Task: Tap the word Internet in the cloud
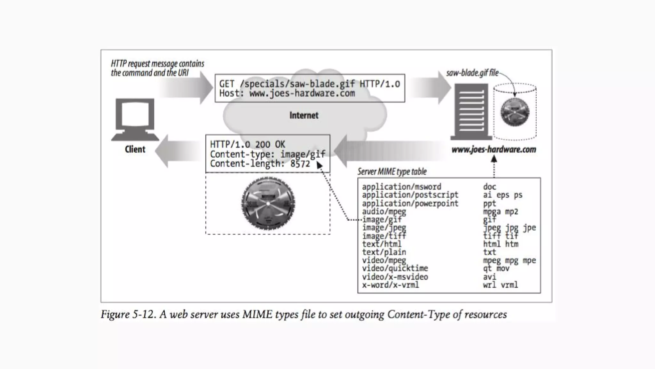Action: coord(304,115)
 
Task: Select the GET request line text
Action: coord(309,84)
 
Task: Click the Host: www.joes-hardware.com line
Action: coord(287,94)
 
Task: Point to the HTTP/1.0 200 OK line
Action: coord(247,144)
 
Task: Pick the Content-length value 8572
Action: coord(300,164)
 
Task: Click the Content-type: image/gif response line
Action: coord(267,154)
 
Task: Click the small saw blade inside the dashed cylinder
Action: coord(515,112)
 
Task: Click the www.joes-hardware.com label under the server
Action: coord(493,150)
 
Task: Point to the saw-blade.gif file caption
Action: coord(472,73)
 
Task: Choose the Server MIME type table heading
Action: coord(392,172)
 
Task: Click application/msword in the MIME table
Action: coord(401,187)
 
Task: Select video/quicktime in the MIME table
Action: coord(395,268)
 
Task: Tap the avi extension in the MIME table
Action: coord(489,277)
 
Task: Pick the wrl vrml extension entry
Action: coord(500,285)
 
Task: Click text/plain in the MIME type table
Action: coord(384,252)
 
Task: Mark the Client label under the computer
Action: coord(135,149)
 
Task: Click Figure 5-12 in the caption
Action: coord(128,314)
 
